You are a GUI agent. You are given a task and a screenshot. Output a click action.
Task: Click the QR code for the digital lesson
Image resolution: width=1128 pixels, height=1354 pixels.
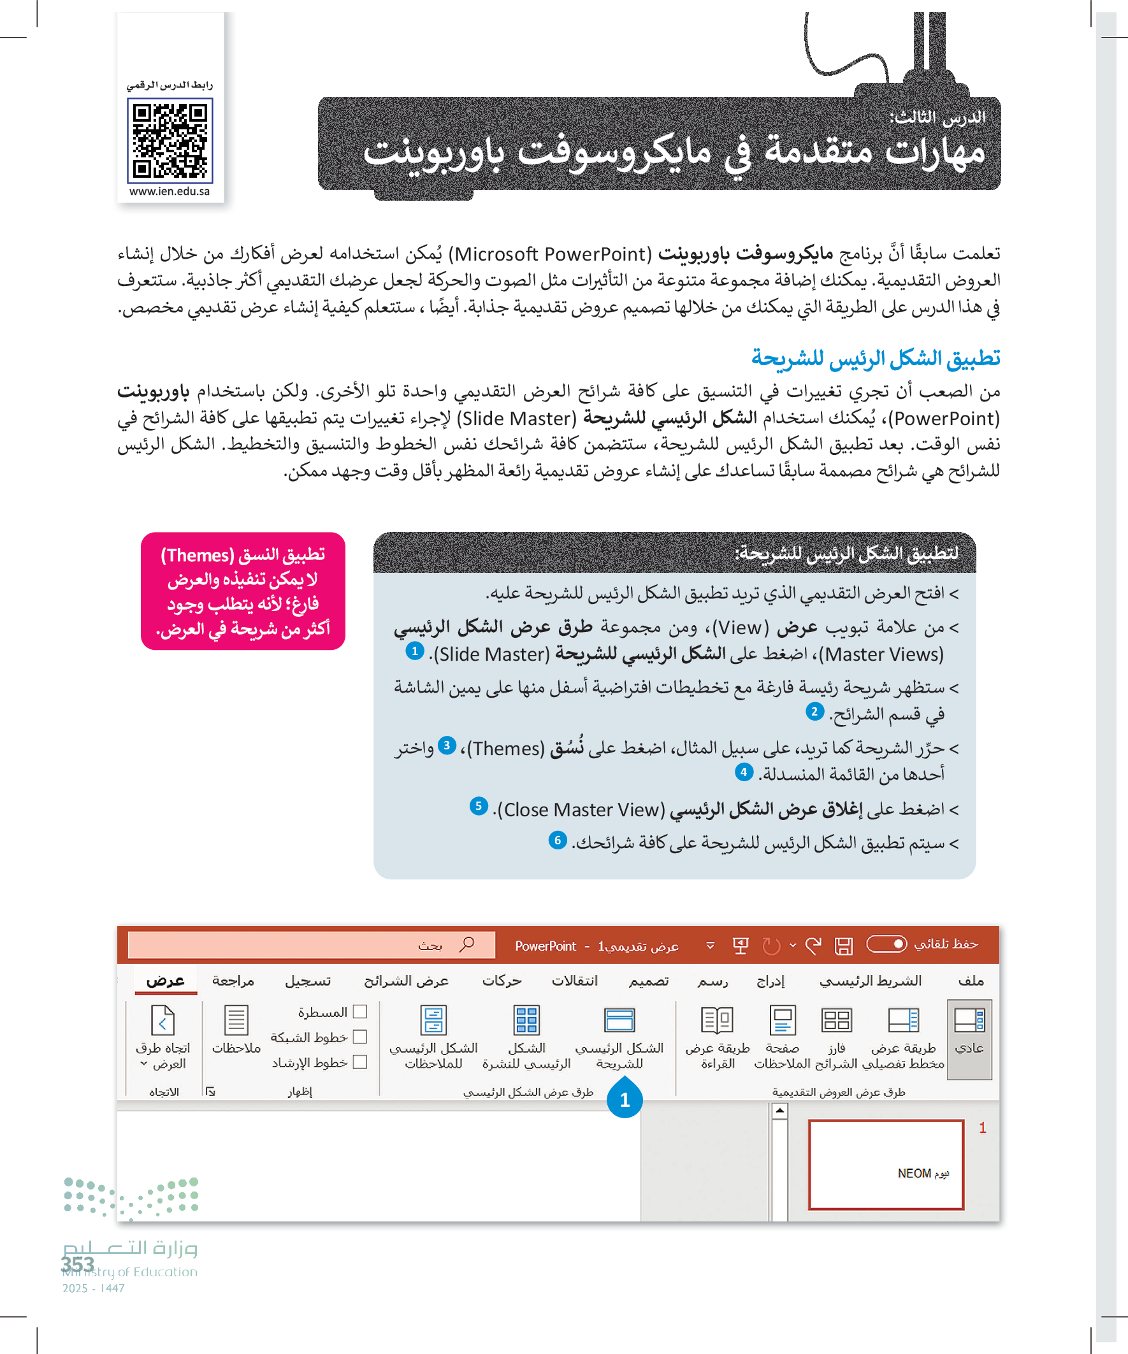(170, 141)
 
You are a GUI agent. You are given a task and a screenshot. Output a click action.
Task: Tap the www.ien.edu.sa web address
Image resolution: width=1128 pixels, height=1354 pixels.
(169, 192)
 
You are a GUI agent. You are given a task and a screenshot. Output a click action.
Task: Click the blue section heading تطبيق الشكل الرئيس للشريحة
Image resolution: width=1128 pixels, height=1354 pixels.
(875, 358)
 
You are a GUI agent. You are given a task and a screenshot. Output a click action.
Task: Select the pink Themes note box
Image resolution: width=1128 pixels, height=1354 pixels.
(243, 591)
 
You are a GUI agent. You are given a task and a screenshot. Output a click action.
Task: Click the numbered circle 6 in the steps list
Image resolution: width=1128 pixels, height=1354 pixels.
(557, 841)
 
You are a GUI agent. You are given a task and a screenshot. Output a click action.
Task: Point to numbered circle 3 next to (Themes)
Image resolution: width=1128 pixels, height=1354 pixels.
(446, 746)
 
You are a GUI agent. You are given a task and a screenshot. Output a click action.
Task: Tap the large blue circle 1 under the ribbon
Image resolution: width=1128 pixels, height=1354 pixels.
(625, 1100)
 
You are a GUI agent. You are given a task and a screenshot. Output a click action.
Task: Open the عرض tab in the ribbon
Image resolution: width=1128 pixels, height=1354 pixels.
(166, 981)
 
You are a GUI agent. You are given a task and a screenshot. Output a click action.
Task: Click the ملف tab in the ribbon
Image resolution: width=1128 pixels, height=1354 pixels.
(971, 981)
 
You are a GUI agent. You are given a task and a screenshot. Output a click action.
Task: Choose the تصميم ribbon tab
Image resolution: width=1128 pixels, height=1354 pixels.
(649, 981)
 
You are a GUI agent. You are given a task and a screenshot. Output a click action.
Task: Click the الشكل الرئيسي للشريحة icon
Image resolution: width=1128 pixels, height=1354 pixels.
(619, 1021)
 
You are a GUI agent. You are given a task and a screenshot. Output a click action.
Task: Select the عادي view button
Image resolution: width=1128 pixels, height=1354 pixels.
(969, 1021)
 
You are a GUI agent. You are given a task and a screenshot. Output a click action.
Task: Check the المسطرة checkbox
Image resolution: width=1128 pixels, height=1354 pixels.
(361, 1012)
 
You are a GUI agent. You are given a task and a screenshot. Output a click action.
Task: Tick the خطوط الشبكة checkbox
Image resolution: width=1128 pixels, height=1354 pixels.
(361, 1037)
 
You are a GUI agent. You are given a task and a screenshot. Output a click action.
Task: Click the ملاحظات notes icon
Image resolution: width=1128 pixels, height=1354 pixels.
(236, 1021)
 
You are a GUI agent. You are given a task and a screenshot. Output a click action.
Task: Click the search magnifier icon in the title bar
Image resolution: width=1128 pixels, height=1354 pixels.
(467, 944)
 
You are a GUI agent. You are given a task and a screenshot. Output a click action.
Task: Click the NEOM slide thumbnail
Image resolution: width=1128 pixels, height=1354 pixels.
(885, 1165)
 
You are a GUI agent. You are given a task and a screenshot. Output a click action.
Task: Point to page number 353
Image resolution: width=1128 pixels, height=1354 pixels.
(78, 1264)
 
